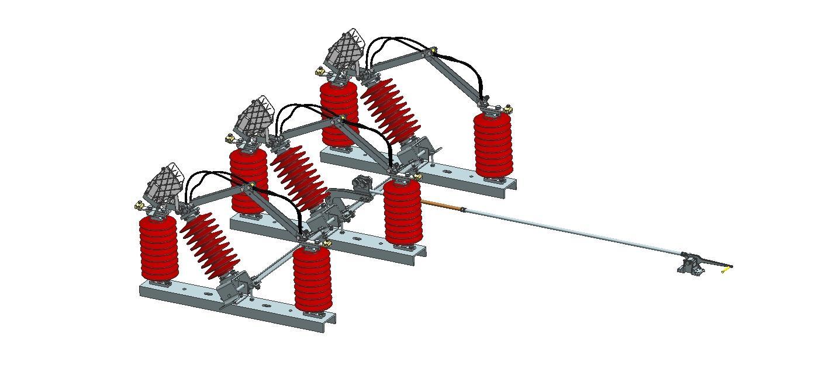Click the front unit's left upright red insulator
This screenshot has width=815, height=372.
pyautogui.click(x=158, y=248)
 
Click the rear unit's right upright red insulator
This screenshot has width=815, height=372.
pyautogui.click(x=493, y=145)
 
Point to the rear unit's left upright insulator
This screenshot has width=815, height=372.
pyautogui.click(x=339, y=114)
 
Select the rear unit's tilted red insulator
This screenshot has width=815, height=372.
pyautogui.click(x=390, y=110)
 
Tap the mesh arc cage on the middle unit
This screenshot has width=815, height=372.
pyautogui.click(x=255, y=117)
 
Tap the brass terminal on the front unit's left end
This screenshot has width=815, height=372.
pyautogui.click(x=139, y=206)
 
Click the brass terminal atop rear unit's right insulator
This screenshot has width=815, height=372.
pyautogui.click(x=507, y=109)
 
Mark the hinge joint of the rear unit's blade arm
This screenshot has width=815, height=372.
pyautogui.click(x=432, y=53)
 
